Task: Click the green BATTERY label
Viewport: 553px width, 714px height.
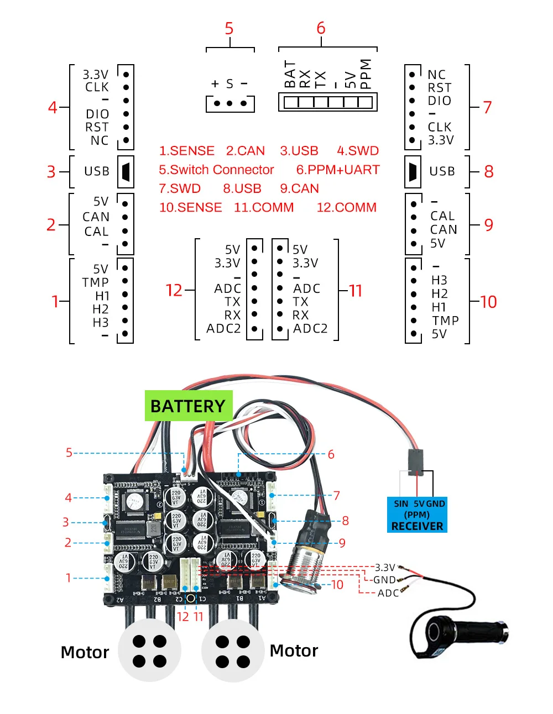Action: pos(188,406)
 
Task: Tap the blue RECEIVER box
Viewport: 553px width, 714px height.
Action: pos(417,514)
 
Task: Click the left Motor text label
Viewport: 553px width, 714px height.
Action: pos(85,653)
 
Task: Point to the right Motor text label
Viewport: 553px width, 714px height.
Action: pos(294,651)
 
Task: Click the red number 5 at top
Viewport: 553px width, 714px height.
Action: pos(229,29)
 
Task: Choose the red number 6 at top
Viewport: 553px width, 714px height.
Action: pos(321,28)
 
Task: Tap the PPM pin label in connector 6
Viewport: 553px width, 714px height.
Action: pos(366,73)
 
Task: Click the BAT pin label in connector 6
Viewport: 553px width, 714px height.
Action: pos(290,75)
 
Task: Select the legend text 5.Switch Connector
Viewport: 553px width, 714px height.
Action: pos(216,170)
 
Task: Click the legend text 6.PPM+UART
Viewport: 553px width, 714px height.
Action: pos(338,170)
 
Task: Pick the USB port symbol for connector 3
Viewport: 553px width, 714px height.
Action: pos(126,171)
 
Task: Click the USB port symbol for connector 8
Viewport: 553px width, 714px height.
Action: pos(413,171)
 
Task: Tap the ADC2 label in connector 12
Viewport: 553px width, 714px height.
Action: pos(223,329)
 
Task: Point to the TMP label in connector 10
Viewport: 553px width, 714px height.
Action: pos(445,321)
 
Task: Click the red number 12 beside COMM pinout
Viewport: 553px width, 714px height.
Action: pos(174,291)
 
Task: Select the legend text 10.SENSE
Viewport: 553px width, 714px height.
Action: pos(190,207)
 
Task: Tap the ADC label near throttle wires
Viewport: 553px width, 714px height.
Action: pos(388,593)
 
